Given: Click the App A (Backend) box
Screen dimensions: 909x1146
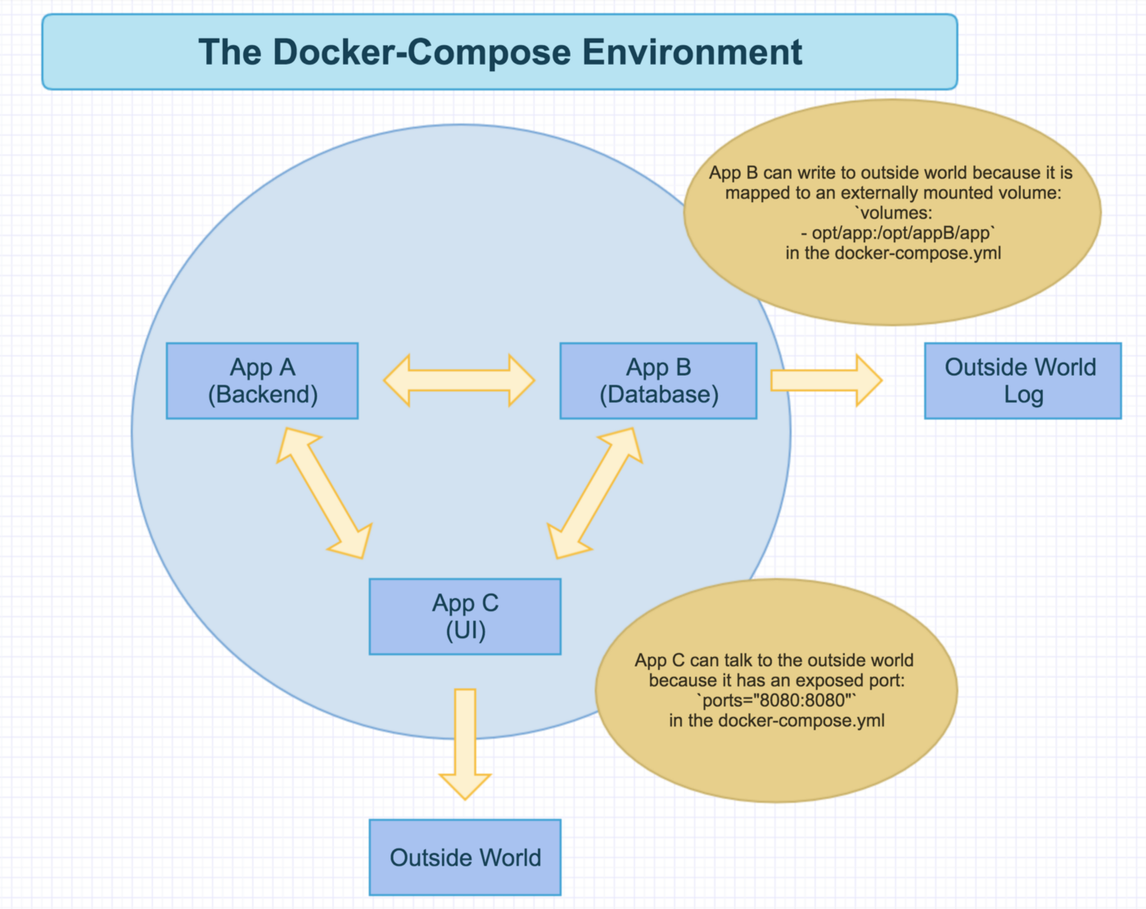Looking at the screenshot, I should point(262,380).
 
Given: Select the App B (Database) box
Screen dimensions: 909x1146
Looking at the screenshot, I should point(658,380).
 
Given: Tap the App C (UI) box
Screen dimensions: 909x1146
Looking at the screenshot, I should point(465,616).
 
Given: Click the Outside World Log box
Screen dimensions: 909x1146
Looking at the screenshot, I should point(1022,380).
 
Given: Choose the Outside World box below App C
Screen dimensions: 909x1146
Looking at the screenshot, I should point(465,857).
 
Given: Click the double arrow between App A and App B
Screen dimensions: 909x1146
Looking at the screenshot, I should point(458,380).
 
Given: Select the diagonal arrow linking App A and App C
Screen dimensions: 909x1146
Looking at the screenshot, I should point(324,493).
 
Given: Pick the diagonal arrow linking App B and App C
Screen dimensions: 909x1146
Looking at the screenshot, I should point(595,493).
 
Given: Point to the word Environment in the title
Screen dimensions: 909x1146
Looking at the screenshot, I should point(693,52).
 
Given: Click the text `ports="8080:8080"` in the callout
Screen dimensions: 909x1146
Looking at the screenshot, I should point(776,700).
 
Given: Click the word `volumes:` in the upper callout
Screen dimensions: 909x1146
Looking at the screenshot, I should point(894,214).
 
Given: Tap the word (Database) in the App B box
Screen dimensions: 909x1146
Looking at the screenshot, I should point(659,394).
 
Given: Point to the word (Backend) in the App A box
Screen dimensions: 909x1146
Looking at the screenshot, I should point(263,394).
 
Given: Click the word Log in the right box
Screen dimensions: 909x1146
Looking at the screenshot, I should point(1023,394).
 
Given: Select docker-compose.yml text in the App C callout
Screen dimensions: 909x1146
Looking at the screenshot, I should point(801,721).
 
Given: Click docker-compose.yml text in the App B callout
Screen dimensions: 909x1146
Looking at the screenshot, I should point(918,254).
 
